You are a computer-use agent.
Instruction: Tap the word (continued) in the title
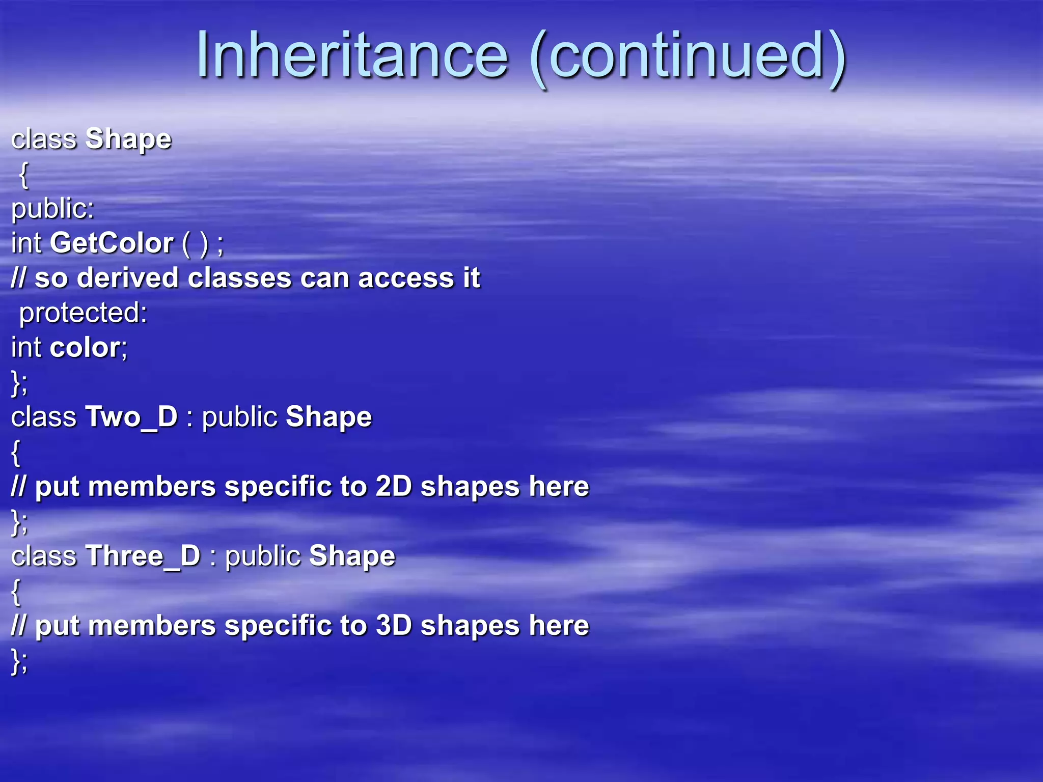[688, 56]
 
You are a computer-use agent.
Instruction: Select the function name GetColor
[112, 243]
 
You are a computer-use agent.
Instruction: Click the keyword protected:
[83, 313]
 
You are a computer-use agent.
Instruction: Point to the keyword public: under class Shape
[53, 209]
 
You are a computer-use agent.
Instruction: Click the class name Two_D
[131, 417]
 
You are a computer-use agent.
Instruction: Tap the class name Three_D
[143, 556]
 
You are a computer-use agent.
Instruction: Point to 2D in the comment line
[393, 486]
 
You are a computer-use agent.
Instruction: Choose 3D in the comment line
[393, 625]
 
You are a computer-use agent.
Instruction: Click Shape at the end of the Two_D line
[329, 417]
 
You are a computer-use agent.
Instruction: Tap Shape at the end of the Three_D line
[352, 556]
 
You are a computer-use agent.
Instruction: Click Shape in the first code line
[128, 139]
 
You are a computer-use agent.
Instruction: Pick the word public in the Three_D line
[263, 556]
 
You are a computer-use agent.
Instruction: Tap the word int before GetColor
[26, 243]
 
